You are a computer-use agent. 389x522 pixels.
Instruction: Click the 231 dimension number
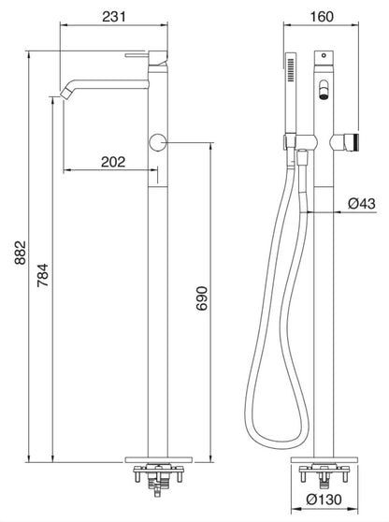113,16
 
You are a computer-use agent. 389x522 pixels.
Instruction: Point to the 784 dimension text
40,275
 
